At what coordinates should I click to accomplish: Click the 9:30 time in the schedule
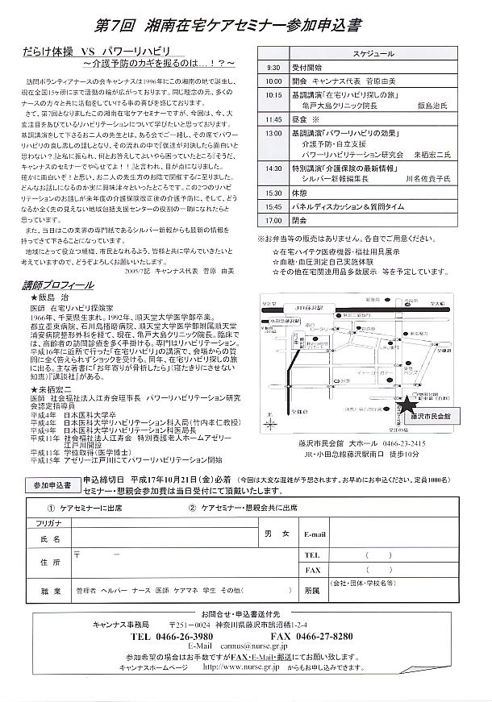273,69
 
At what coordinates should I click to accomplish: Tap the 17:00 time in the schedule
274,218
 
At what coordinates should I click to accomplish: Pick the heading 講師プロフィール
58,285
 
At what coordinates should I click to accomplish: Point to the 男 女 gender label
276,511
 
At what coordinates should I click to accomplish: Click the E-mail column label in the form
315,511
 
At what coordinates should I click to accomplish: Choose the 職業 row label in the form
50,568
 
